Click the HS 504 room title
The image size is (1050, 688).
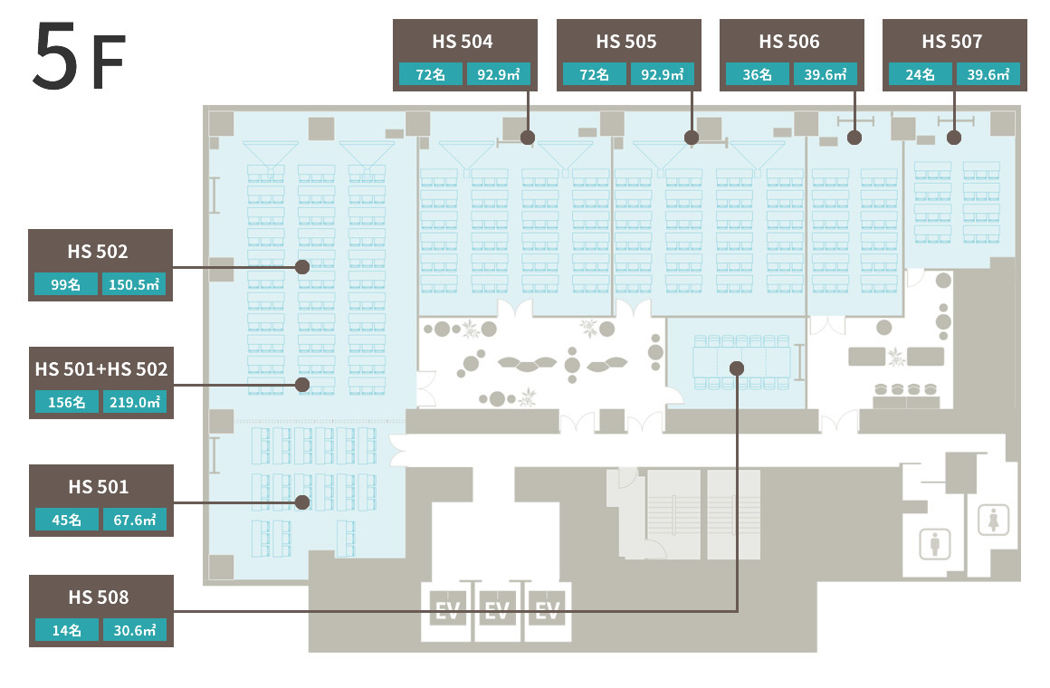pyautogui.click(x=462, y=42)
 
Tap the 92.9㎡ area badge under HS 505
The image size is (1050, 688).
pyautogui.click(x=662, y=74)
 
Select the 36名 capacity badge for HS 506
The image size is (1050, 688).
pyautogui.click(x=757, y=74)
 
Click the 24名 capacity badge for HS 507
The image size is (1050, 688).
pyautogui.click(x=920, y=74)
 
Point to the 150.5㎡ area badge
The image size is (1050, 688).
pyautogui.click(x=134, y=284)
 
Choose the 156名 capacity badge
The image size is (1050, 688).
pyautogui.click(x=66, y=402)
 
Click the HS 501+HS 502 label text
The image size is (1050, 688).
pyautogui.click(x=101, y=369)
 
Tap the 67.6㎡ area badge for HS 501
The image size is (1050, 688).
pyautogui.click(x=135, y=520)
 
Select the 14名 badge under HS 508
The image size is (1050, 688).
pyautogui.click(x=66, y=630)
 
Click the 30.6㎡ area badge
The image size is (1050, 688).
pyautogui.click(x=135, y=630)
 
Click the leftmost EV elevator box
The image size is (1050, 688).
pyautogui.click(x=447, y=610)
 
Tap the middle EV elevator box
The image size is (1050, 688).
pyautogui.click(x=497, y=610)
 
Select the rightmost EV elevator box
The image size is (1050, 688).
pyautogui.click(x=548, y=610)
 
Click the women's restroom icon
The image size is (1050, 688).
pyautogui.click(x=993, y=520)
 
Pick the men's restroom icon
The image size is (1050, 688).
pyautogui.click(x=935, y=543)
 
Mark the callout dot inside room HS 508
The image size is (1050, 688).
pyautogui.click(x=737, y=368)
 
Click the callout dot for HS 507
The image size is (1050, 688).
pyautogui.click(x=954, y=138)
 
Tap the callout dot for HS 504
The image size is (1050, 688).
pyautogui.click(x=528, y=138)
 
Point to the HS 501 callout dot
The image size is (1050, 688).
pyautogui.click(x=302, y=502)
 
